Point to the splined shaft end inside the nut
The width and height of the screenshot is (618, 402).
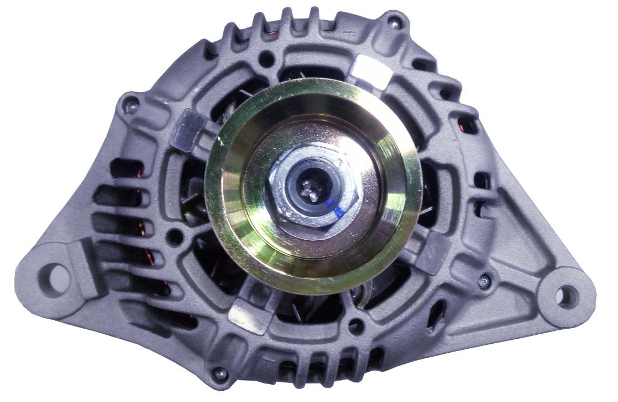tap(310, 190)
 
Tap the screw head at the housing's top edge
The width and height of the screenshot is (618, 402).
tap(395, 22)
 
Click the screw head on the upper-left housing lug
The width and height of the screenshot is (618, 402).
tap(130, 102)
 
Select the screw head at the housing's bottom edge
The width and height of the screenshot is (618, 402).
tap(219, 372)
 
